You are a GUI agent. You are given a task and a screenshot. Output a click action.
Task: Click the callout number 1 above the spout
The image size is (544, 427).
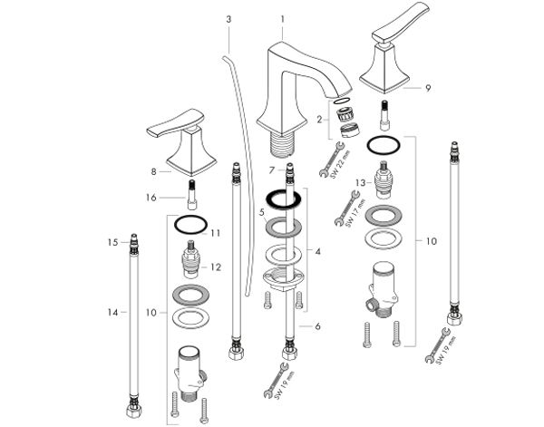click(x=283, y=19)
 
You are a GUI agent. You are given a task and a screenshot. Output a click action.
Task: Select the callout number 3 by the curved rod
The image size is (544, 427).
click(x=228, y=19)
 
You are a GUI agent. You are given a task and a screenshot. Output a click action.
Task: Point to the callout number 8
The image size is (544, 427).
click(x=155, y=170)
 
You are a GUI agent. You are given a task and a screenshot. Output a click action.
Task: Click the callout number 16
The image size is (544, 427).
click(x=152, y=197)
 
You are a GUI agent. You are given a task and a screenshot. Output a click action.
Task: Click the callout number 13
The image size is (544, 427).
click(x=359, y=184)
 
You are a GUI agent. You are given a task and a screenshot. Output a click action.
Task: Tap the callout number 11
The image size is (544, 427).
click(x=216, y=233)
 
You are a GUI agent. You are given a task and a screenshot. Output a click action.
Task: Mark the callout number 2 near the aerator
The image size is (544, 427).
click(x=319, y=119)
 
